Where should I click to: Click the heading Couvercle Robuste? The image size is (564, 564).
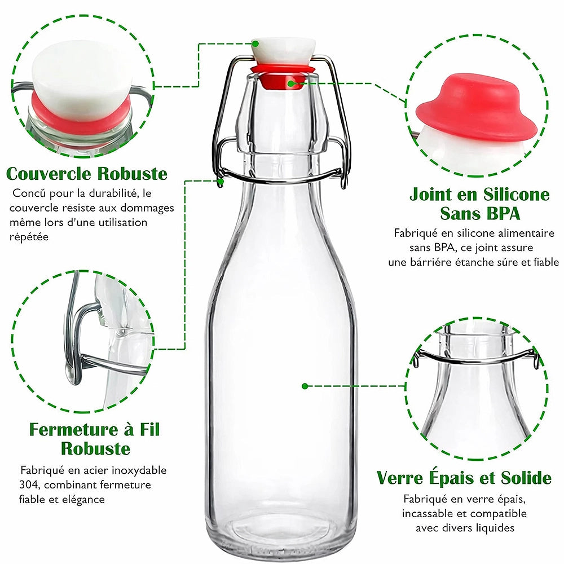click(x=87, y=173)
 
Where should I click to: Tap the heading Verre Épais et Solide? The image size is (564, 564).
click(x=464, y=478)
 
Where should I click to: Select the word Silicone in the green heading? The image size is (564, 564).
click(x=516, y=195)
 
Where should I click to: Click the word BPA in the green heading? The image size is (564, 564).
click(x=501, y=214)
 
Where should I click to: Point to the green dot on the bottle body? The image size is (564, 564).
click(x=305, y=386)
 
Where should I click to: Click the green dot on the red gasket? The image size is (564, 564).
click(x=291, y=83)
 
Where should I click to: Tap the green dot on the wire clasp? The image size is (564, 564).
click(x=221, y=182)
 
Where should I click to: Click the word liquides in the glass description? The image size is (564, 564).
click(x=494, y=528)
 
